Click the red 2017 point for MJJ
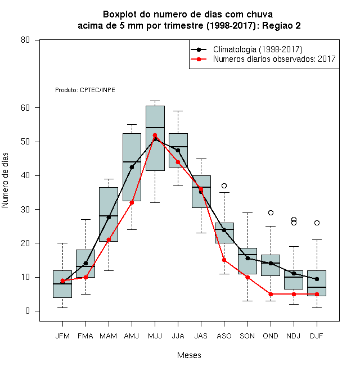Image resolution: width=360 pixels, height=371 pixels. click(155, 135)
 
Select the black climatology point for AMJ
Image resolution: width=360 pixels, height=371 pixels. click(132, 168)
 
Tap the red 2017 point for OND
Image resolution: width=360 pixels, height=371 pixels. click(271, 294)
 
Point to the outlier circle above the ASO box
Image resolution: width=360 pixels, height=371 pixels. click(224, 185)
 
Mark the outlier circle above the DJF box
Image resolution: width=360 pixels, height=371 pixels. click(317, 223)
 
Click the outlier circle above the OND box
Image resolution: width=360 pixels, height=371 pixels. click(271, 212)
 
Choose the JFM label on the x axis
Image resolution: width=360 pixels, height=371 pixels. click(62, 336)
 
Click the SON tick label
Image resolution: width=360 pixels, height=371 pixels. click(247, 336)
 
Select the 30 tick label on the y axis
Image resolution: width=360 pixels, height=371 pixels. click(25, 210)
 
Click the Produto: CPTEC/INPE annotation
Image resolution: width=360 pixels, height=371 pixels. click(85, 90)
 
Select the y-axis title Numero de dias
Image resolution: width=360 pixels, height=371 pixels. click(5, 180)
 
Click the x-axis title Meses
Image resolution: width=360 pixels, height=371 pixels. click(189, 355)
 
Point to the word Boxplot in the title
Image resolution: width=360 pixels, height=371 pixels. click(120, 15)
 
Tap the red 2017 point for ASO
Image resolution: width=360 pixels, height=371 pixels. click(224, 260)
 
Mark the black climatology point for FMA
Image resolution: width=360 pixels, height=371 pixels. click(85, 263)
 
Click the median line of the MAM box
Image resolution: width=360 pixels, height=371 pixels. click(109, 216)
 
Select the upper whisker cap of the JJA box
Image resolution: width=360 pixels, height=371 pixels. click(178, 111)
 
